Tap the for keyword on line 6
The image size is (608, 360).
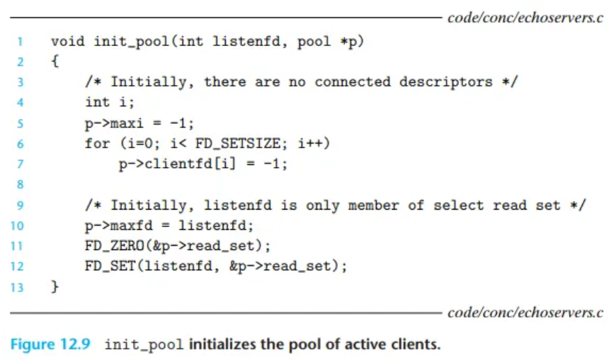point(97,143)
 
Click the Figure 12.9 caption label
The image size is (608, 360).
point(50,345)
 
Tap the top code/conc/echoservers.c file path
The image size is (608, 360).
point(525,17)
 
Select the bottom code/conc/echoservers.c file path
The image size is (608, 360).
point(525,313)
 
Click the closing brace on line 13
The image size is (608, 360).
point(55,287)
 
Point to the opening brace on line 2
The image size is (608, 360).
point(55,61)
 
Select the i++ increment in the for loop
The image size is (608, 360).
point(316,143)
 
